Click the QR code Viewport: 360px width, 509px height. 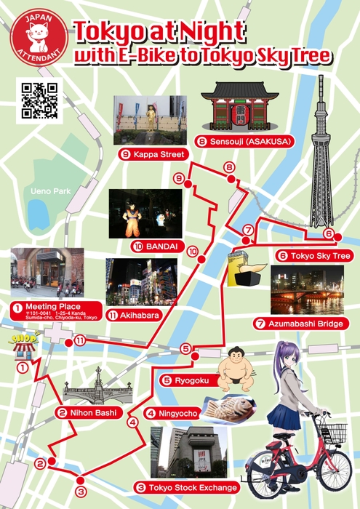tap(39, 100)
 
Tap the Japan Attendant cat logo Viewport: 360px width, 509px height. tap(39, 41)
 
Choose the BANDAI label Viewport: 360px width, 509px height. tap(156, 246)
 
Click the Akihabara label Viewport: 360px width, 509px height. tap(133, 315)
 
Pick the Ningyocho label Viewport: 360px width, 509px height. tap(172, 414)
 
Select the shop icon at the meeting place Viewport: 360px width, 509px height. tap(23, 348)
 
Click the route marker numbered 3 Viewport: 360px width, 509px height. tap(80, 492)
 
